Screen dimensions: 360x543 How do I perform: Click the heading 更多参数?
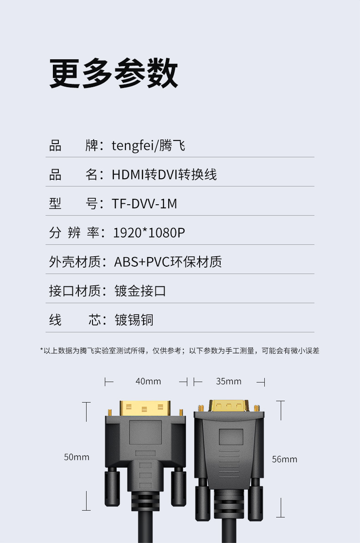(113, 73)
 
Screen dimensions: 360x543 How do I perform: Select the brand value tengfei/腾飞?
(149, 145)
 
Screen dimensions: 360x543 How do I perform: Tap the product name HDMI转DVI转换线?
(164, 175)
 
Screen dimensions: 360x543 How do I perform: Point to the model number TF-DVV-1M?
(144, 204)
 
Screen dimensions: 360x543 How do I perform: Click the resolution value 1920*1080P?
(149, 233)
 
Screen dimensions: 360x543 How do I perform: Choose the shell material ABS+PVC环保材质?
(168, 262)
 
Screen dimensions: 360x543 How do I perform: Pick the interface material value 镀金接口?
(140, 291)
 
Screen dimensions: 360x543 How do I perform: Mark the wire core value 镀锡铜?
(134, 320)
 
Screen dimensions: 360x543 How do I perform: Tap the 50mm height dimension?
(77, 457)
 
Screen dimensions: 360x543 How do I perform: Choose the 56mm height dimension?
(284, 459)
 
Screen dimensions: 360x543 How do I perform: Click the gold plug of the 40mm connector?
(145, 408)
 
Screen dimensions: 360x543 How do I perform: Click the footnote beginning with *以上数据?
(180, 351)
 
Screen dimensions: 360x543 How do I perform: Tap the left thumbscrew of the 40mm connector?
(112, 488)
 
